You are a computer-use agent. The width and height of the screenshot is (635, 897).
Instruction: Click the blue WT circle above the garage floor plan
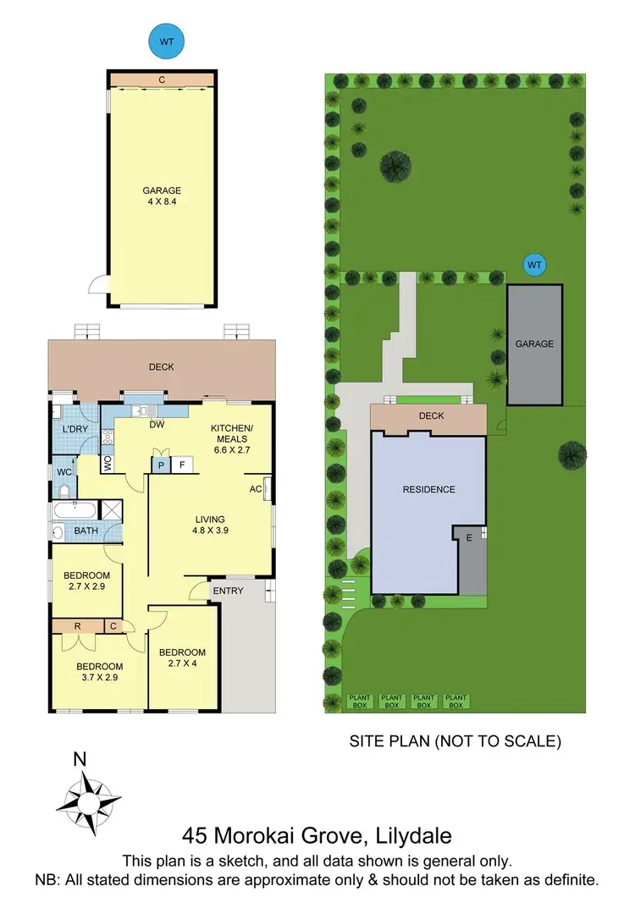tap(166, 40)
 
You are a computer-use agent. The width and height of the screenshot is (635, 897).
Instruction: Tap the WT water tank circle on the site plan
tap(533, 265)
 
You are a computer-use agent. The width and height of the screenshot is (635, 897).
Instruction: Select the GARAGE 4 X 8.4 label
tap(161, 196)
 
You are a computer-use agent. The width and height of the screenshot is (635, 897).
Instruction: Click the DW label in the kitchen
tap(157, 425)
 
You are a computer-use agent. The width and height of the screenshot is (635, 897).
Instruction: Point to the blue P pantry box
tap(160, 464)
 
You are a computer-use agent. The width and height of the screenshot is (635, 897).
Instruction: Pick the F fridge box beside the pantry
tap(181, 464)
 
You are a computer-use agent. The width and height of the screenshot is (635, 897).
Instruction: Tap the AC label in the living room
tap(256, 489)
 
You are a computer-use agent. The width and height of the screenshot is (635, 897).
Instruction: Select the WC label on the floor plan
tap(63, 471)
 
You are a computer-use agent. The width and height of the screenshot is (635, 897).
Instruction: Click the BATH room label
tap(86, 531)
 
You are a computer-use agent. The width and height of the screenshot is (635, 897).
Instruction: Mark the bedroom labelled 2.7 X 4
tap(182, 658)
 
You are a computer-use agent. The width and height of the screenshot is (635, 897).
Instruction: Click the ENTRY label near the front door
tap(228, 591)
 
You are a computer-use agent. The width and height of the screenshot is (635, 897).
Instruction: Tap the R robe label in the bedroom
tap(77, 626)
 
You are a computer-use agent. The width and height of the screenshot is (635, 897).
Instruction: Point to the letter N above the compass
tap(80, 759)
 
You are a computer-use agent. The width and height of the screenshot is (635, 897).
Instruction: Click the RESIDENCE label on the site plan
tap(428, 489)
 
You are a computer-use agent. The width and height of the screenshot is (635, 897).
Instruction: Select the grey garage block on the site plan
tap(534, 344)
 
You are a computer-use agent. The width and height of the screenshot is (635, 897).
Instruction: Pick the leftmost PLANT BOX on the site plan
tap(360, 701)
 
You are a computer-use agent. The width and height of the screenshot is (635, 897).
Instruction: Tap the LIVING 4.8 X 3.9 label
tap(209, 525)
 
